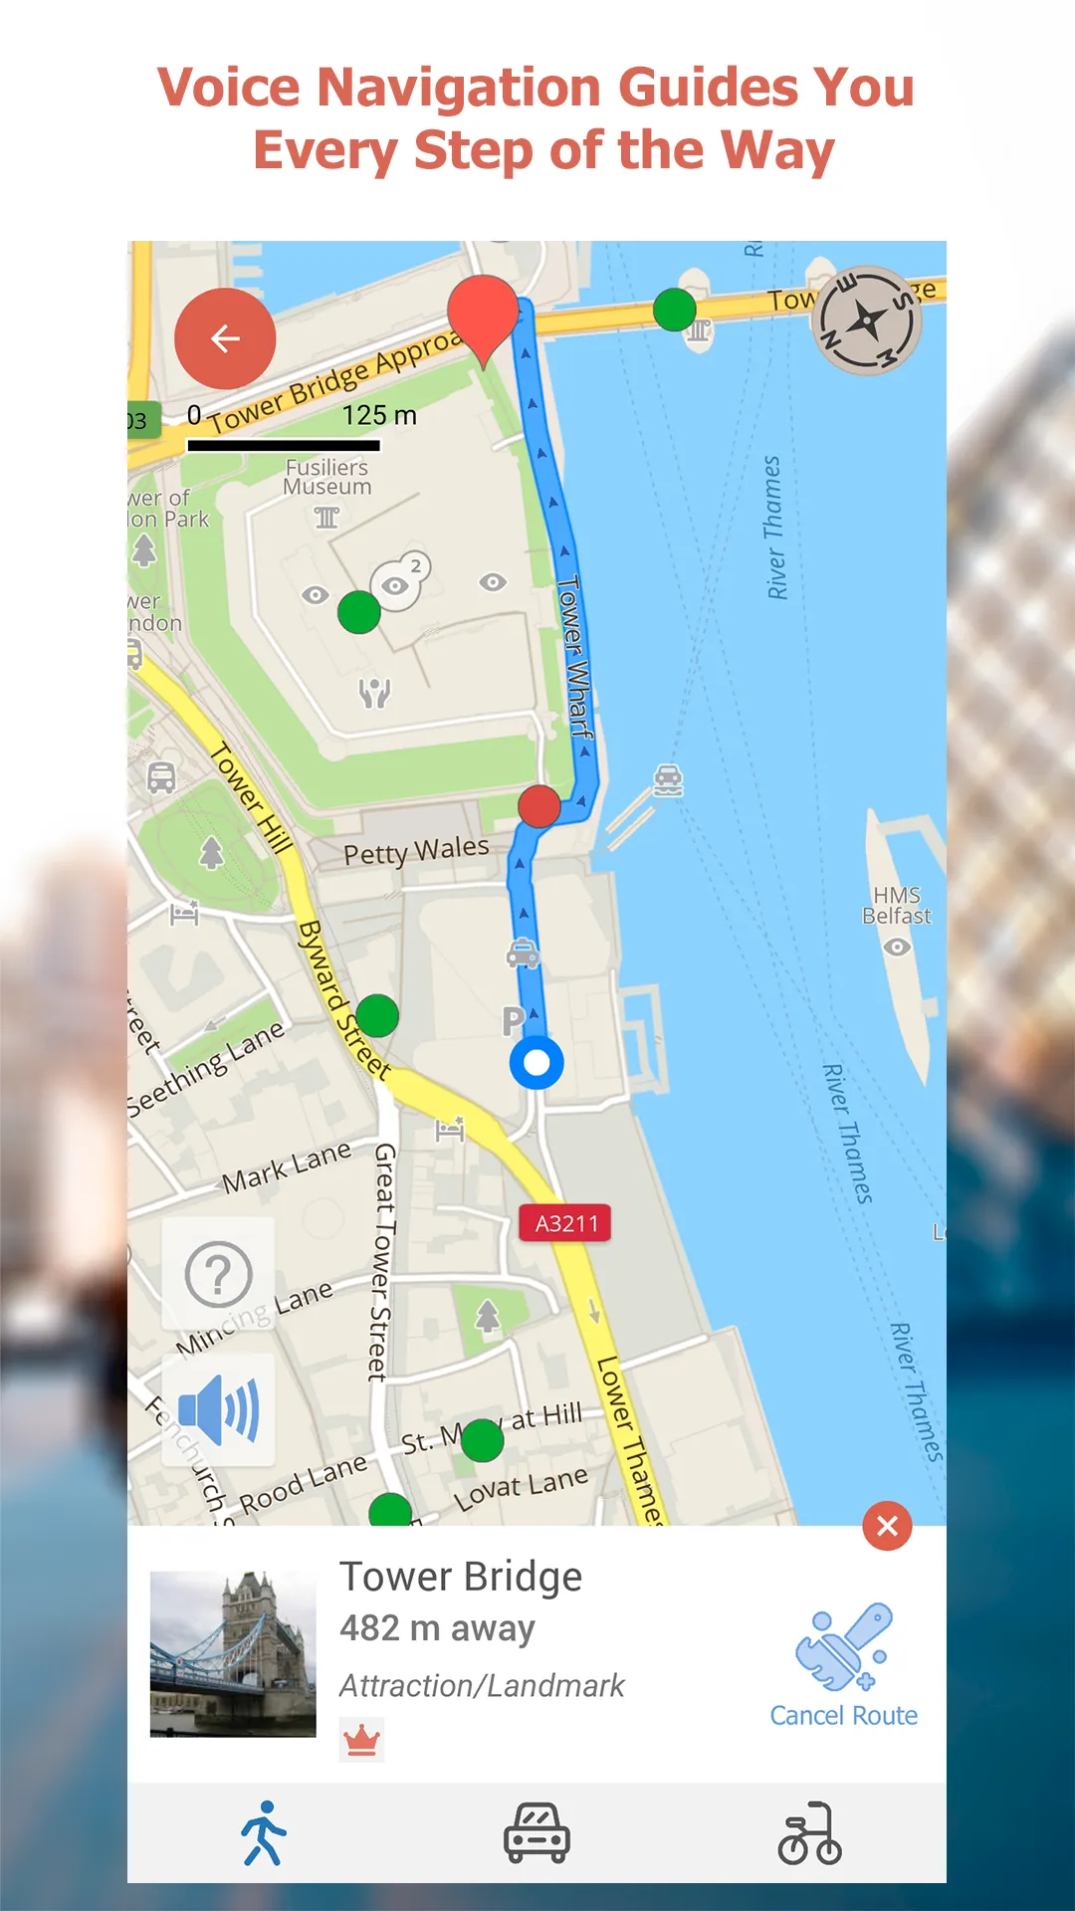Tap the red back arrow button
[x=225, y=338]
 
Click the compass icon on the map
[x=866, y=320]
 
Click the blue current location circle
[x=537, y=1063]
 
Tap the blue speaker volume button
[x=219, y=1409]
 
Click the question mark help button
[x=219, y=1274]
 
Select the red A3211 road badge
[x=565, y=1223]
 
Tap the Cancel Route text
[x=843, y=1716]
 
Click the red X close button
[x=887, y=1526]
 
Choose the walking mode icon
[x=264, y=1832]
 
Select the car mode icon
[x=537, y=1832]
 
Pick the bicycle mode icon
[x=809, y=1832]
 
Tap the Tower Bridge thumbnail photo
[x=233, y=1654]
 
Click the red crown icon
[x=361, y=1740]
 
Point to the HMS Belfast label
[x=896, y=906]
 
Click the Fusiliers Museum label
[x=327, y=477]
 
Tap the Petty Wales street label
[x=416, y=851]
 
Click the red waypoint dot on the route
[x=539, y=806]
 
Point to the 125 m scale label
[x=379, y=415]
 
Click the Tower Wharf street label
[x=574, y=657]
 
